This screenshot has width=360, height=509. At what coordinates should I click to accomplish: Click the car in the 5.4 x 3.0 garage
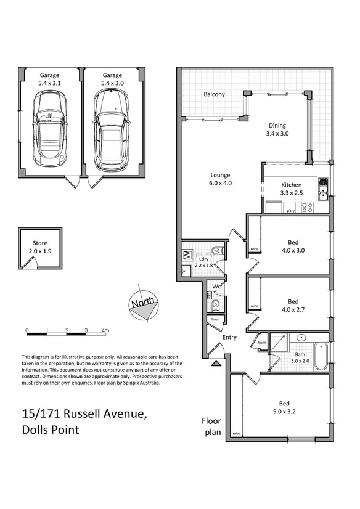click(x=110, y=129)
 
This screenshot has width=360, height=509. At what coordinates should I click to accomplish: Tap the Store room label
click(x=39, y=243)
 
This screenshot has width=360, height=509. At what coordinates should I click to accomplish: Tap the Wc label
click(x=216, y=287)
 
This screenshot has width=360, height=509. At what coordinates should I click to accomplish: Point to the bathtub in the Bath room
click(x=320, y=356)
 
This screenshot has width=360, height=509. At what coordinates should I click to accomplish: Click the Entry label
click(x=229, y=337)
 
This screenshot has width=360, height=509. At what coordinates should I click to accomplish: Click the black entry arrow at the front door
click(x=215, y=364)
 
